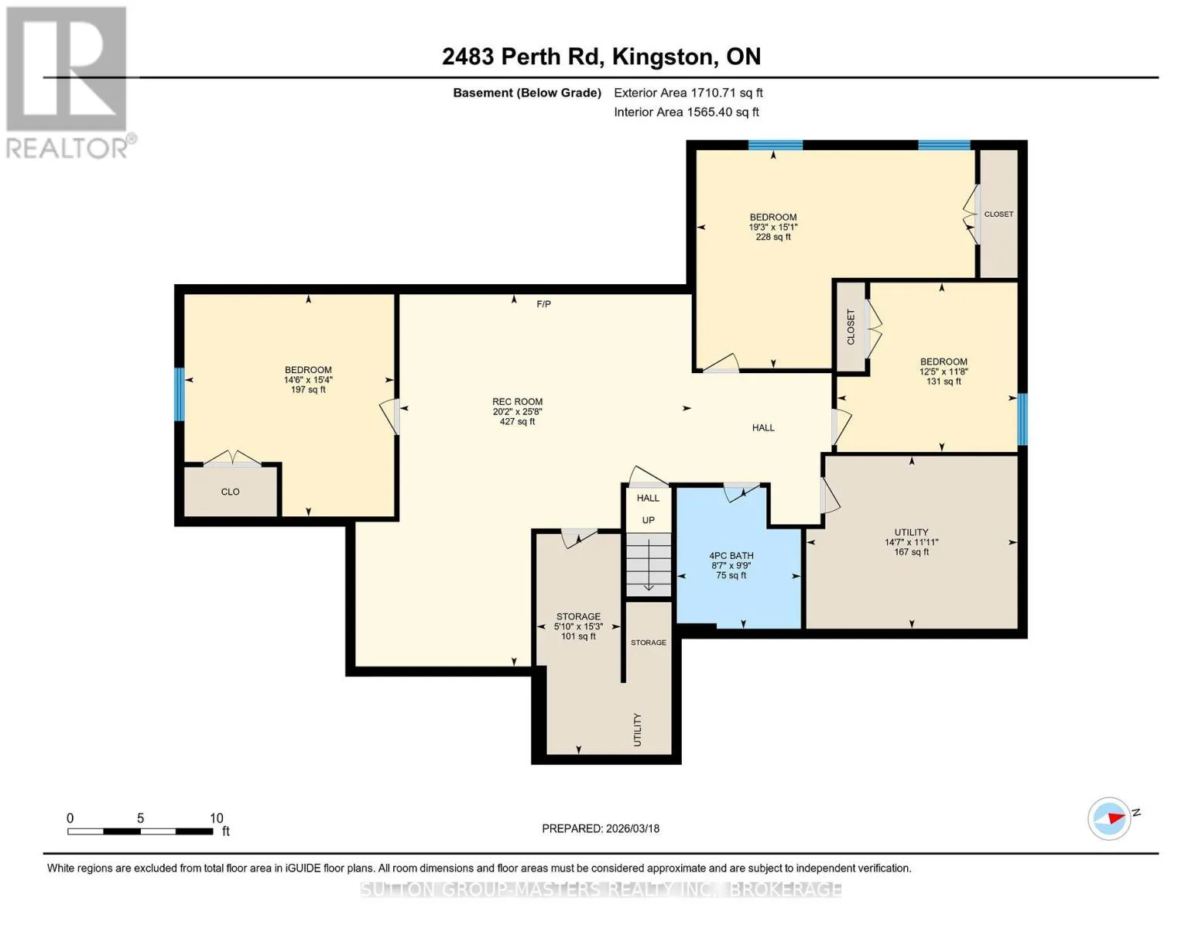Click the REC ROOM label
pos(517,402)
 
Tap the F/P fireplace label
pos(543,303)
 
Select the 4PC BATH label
pos(731,556)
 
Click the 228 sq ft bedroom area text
pos(773,237)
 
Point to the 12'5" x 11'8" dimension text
pos(943,372)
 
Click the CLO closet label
pos(230,492)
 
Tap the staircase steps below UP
pos(649,564)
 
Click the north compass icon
pos(1109,818)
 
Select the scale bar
pos(141,831)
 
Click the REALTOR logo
pos(70,83)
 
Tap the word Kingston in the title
pos(664,57)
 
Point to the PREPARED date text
pos(601,828)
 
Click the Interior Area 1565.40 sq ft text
pos(687,112)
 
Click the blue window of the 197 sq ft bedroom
pos(179,394)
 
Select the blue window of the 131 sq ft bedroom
pos(1022,419)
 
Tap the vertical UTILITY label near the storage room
pos(637,730)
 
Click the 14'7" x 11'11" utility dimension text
pos(912,542)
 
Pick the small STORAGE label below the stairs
pos(649,643)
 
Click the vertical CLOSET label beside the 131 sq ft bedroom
pos(851,327)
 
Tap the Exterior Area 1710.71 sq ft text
pos(689,93)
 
